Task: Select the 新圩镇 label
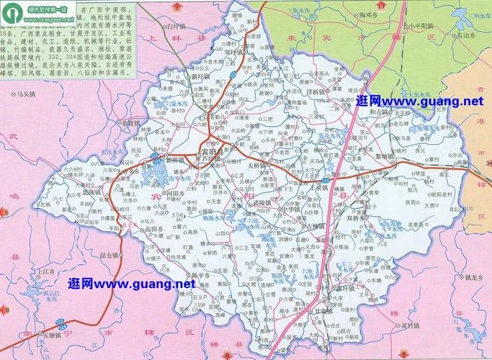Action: [201, 75]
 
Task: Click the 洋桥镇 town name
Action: [317, 92]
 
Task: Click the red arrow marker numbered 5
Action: [4, 212]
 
